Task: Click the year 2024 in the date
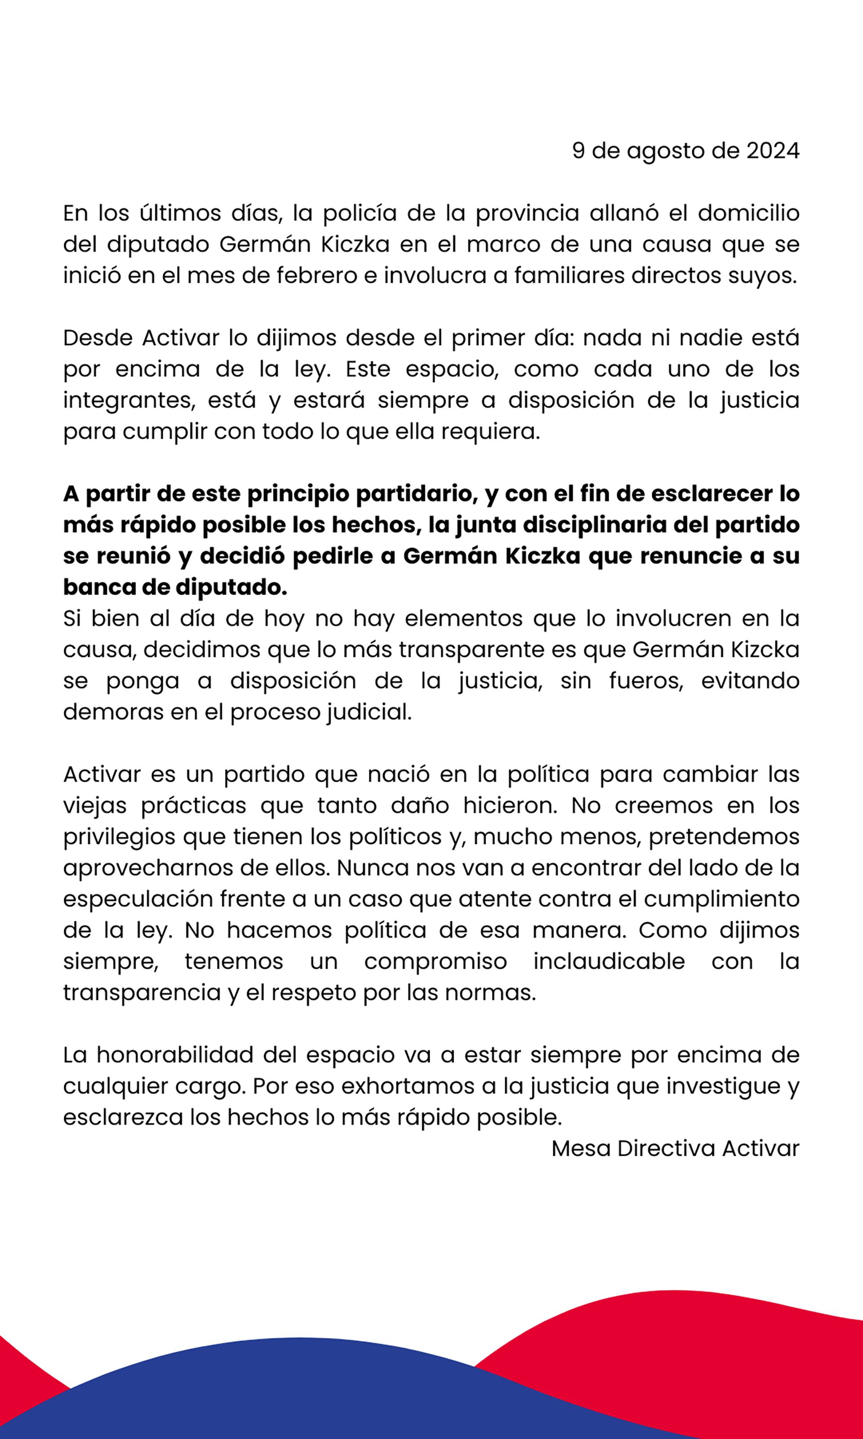click(x=773, y=151)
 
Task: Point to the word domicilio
click(x=748, y=214)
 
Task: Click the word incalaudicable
click(x=609, y=961)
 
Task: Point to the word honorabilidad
click(x=175, y=1055)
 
